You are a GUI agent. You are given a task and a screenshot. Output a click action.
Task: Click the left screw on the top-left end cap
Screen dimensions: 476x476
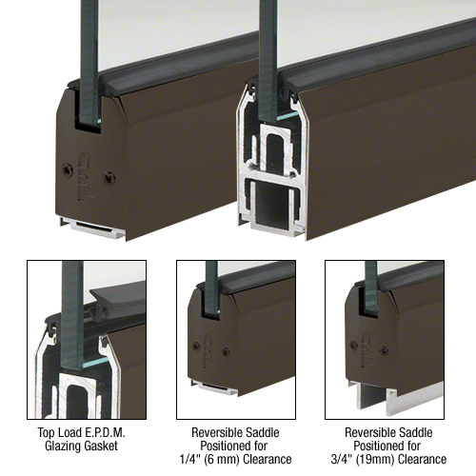pyautogui.click(x=68, y=169)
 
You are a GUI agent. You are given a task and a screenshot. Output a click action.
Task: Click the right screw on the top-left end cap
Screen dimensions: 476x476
pyautogui.click(x=109, y=178)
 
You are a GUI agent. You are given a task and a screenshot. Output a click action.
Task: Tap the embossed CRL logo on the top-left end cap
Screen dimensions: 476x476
pyautogui.click(x=87, y=178)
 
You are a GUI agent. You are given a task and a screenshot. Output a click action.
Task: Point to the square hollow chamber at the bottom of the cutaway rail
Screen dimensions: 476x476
pyautogui.click(x=272, y=203)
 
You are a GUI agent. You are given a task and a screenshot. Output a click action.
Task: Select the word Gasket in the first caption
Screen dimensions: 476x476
pyautogui.click(x=102, y=446)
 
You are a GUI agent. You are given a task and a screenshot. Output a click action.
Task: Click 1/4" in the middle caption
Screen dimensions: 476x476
pyautogui.click(x=188, y=459)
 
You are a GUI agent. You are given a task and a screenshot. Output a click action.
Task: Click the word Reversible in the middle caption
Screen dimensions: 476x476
pyautogui.click(x=213, y=432)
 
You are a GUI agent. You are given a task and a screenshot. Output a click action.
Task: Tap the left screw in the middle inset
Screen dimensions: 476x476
pyautogui.click(x=196, y=346)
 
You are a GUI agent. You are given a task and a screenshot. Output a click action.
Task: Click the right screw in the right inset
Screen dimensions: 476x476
pyautogui.click(x=384, y=350)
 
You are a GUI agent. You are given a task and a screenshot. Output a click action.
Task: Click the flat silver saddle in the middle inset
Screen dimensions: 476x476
pyautogui.click(x=215, y=387)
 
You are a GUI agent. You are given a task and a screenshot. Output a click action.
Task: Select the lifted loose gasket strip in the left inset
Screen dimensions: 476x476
pyautogui.click(x=117, y=301)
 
